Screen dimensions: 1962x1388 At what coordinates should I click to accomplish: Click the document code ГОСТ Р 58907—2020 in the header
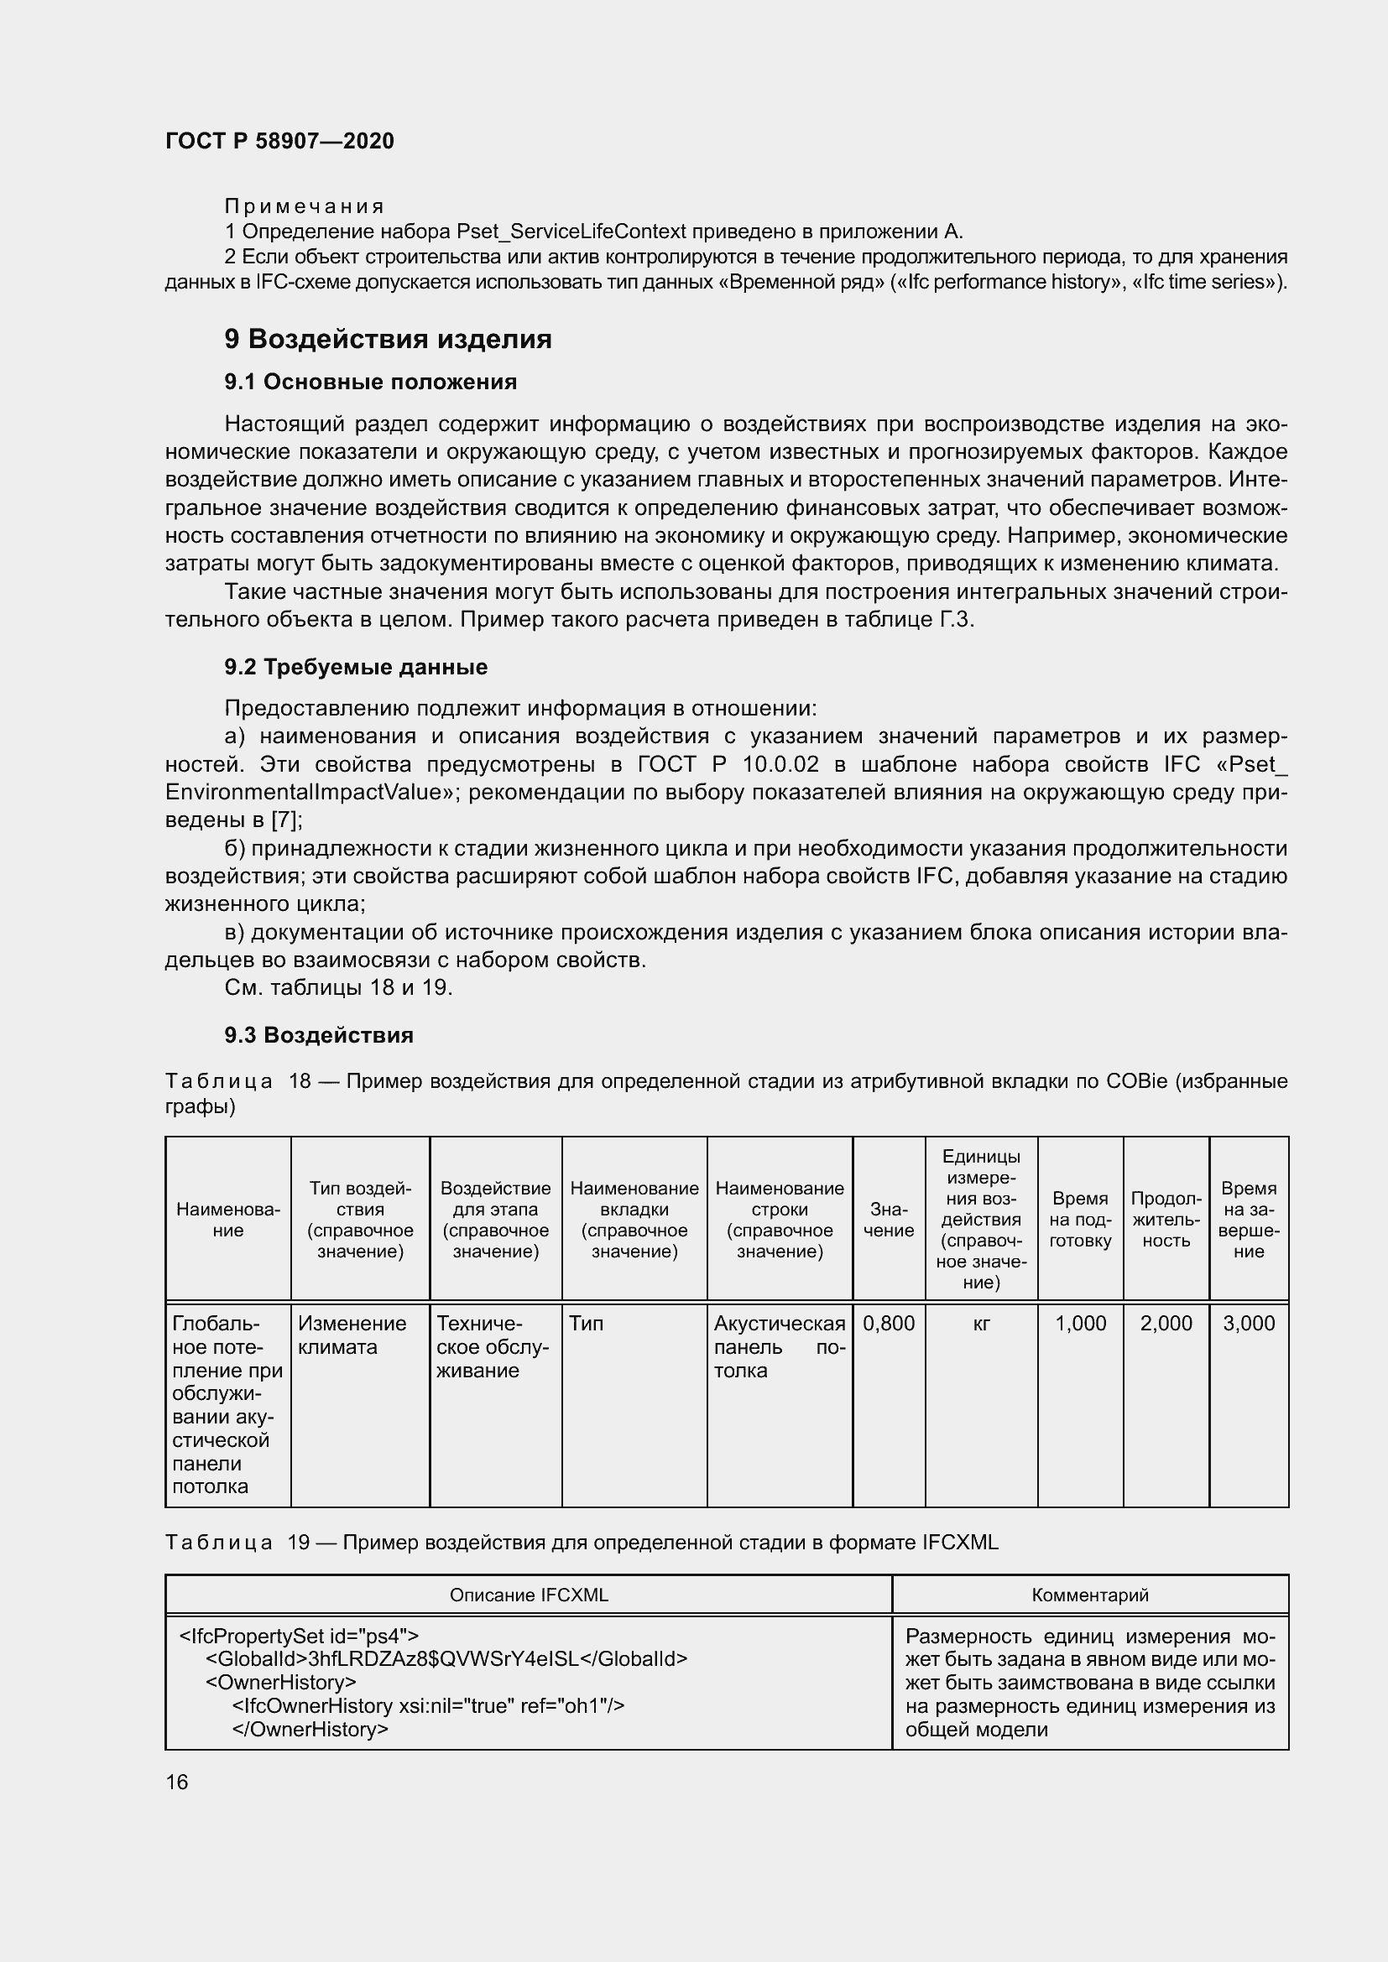click(x=279, y=141)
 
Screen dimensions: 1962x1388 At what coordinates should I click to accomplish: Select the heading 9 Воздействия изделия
click(x=388, y=339)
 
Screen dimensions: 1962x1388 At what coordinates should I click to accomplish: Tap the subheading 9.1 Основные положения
click(x=370, y=382)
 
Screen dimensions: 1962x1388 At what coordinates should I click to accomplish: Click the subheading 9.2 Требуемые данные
click(x=356, y=668)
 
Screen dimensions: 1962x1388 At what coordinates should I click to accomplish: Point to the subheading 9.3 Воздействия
click(x=319, y=1035)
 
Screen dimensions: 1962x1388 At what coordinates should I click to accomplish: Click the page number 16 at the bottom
click(x=177, y=1782)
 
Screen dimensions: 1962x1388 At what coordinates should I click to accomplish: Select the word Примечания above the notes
click(x=305, y=206)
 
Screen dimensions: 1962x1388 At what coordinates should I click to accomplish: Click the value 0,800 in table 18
click(x=888, y=1324)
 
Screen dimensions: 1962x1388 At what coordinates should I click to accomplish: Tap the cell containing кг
click(x=981, y=1324)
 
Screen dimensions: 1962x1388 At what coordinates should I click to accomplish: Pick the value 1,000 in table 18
click(x=1080, y=1324)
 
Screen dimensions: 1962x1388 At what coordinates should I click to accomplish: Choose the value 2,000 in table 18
click(x=1166, y=1324)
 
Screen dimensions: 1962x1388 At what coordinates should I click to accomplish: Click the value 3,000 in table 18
click(x=1249, y=1324)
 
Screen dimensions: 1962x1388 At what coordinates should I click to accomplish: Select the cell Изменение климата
click(x=352, y=1335)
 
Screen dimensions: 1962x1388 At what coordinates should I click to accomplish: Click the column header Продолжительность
click(x=1166, y=1220)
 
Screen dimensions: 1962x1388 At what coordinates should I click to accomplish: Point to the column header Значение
click(x=888, y=1220)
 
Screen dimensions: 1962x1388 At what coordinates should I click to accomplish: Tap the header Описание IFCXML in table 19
click(x=529, y=1595)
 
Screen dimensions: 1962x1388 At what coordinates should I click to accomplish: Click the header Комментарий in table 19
click(x=1090, y=1595)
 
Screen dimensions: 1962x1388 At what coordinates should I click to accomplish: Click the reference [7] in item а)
click(x=284, y=820)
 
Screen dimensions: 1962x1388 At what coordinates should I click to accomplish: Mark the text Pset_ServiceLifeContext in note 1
click(x=571, y=232)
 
